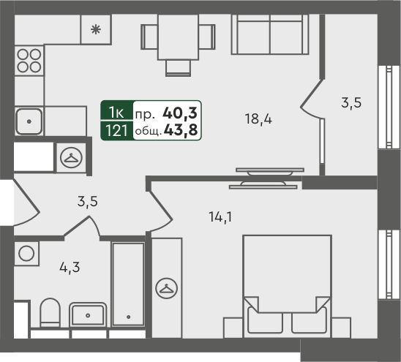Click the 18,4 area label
[258, 119]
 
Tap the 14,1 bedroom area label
[220, 217]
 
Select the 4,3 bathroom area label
[70, 268]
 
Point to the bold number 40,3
[180, 113]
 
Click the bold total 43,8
[181, 130]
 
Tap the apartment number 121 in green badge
[116, 131]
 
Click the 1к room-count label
[116, 113]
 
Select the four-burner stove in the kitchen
[29, 61]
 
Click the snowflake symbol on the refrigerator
[96, 30]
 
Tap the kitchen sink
[29, 121]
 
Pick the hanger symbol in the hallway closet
[71, 157]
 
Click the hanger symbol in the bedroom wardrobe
[167, 289]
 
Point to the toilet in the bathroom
[50, 313]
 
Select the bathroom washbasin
[88, 314]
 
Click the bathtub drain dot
[128, 317]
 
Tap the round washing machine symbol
[26, 253]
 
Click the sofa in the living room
[270, 34]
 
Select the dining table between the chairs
[178, 37]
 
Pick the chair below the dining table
[178, 68]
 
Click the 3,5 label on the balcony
[351, 103]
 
